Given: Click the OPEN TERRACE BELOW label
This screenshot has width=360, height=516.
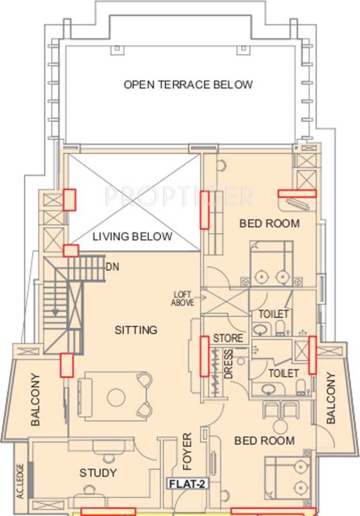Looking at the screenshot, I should tap(188, 85).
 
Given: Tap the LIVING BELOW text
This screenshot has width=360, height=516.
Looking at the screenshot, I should tap(132, 236).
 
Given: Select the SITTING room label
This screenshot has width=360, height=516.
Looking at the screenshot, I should tap(136, 330).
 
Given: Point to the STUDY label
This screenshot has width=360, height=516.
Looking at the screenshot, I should tap(98, 473).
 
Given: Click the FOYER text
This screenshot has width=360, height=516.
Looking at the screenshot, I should tap(187, 449).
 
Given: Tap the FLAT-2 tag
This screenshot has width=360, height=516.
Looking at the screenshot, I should tap(185, 482).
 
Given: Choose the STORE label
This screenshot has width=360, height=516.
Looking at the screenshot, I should tap(228, 338).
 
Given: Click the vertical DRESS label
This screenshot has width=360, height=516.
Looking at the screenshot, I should tap(228, 364).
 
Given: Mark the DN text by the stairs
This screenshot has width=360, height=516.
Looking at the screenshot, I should tap(112, 265).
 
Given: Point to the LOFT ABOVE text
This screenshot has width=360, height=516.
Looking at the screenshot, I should tap(183, 298).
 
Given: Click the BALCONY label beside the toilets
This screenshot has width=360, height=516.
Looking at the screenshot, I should tap(330, 399).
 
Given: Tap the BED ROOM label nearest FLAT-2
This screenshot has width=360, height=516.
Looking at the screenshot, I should tap(264, 441).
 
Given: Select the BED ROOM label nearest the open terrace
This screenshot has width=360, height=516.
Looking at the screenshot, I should tap(270, 223).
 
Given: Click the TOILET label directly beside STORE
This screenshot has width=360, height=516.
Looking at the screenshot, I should tap(273, 314).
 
